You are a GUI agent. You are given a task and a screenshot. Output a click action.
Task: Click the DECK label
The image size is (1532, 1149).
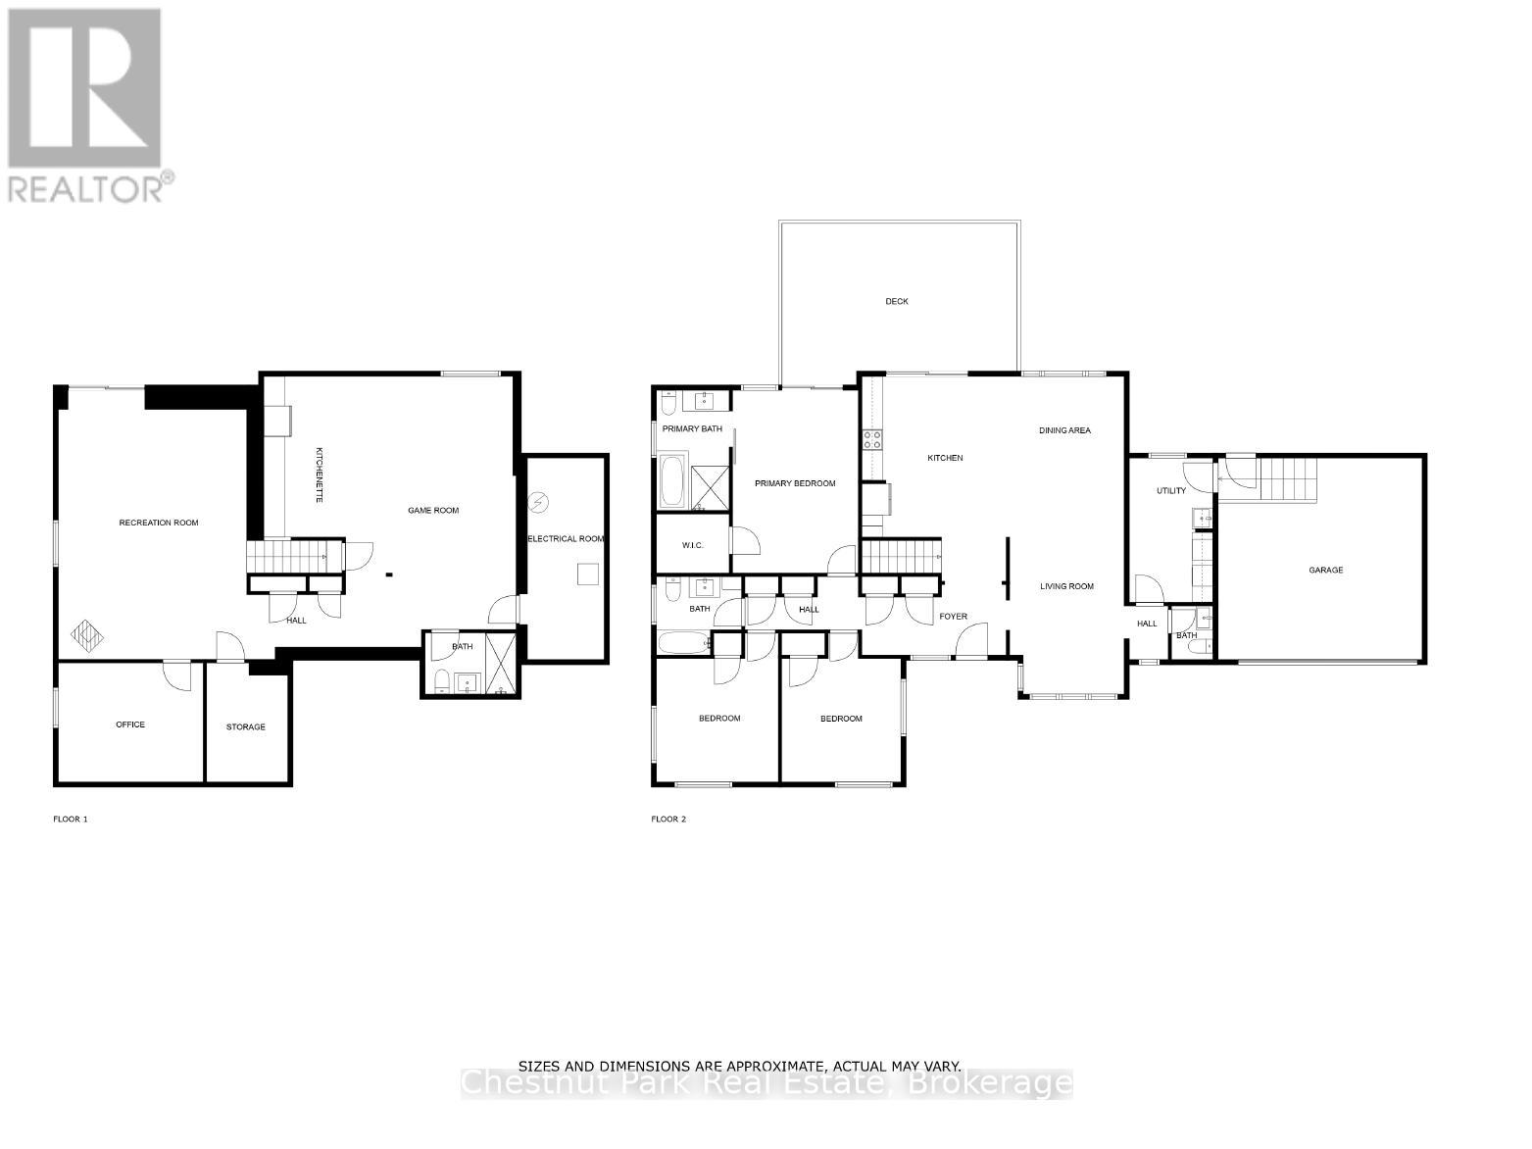click(896, 301)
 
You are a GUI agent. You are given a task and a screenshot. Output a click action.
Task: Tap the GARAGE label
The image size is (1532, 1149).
click(1325, 570)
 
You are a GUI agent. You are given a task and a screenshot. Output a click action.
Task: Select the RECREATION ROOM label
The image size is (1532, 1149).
click(159, 523)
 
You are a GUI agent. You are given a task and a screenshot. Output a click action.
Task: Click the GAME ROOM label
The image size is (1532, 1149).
click(433, 510)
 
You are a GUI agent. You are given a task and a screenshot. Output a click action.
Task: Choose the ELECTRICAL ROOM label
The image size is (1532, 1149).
click(566, 538)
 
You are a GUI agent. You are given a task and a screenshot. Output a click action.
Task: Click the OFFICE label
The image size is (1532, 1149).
click(130, 724)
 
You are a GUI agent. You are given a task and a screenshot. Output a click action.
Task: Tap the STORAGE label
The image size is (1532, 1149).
click(245, 726)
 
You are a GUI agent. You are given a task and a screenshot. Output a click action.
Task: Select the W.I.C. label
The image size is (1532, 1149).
click(692, 546)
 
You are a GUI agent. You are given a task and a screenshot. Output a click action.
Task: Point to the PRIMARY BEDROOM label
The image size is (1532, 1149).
click(795, 483)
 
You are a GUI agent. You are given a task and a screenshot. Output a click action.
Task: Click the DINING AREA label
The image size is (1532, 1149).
click(1064, 430)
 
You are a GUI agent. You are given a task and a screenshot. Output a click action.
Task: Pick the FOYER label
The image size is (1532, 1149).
click(953, 617)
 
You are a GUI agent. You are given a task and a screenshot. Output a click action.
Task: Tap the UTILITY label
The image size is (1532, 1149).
click(1170, 490)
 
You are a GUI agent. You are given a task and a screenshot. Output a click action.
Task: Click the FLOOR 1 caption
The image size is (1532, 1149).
click(71, 819)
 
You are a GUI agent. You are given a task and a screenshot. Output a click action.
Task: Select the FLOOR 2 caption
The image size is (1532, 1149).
click(668, 819)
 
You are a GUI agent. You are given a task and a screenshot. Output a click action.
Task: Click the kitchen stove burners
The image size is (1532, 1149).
click(871, 439)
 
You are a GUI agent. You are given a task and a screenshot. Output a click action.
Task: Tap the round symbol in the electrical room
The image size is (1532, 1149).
click(538, 503)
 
